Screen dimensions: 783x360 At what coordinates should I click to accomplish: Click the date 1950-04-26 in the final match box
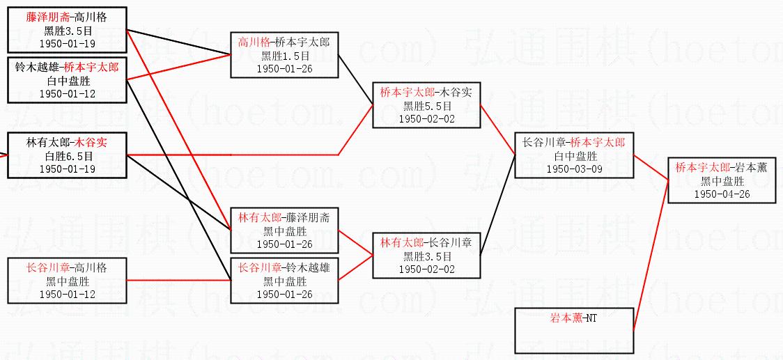(721, 194)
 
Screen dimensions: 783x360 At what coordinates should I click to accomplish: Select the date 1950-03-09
(575, 169)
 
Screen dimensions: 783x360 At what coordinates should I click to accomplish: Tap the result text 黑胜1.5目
(284, 56)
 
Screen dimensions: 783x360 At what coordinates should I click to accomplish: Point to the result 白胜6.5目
(68, 156)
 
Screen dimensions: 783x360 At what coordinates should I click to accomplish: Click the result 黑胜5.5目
(427, 106)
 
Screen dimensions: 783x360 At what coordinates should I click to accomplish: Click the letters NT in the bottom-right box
(591, 319)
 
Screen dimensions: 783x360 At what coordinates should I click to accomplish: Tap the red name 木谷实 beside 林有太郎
(92, 143)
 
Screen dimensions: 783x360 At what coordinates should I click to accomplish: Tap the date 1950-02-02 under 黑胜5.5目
(427, 119)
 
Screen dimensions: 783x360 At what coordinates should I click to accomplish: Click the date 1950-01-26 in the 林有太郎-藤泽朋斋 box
(284, 244)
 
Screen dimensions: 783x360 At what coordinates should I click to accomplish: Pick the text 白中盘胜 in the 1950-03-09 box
(575, 156)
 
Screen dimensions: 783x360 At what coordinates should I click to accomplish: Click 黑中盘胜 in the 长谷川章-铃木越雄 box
(284, 281)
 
